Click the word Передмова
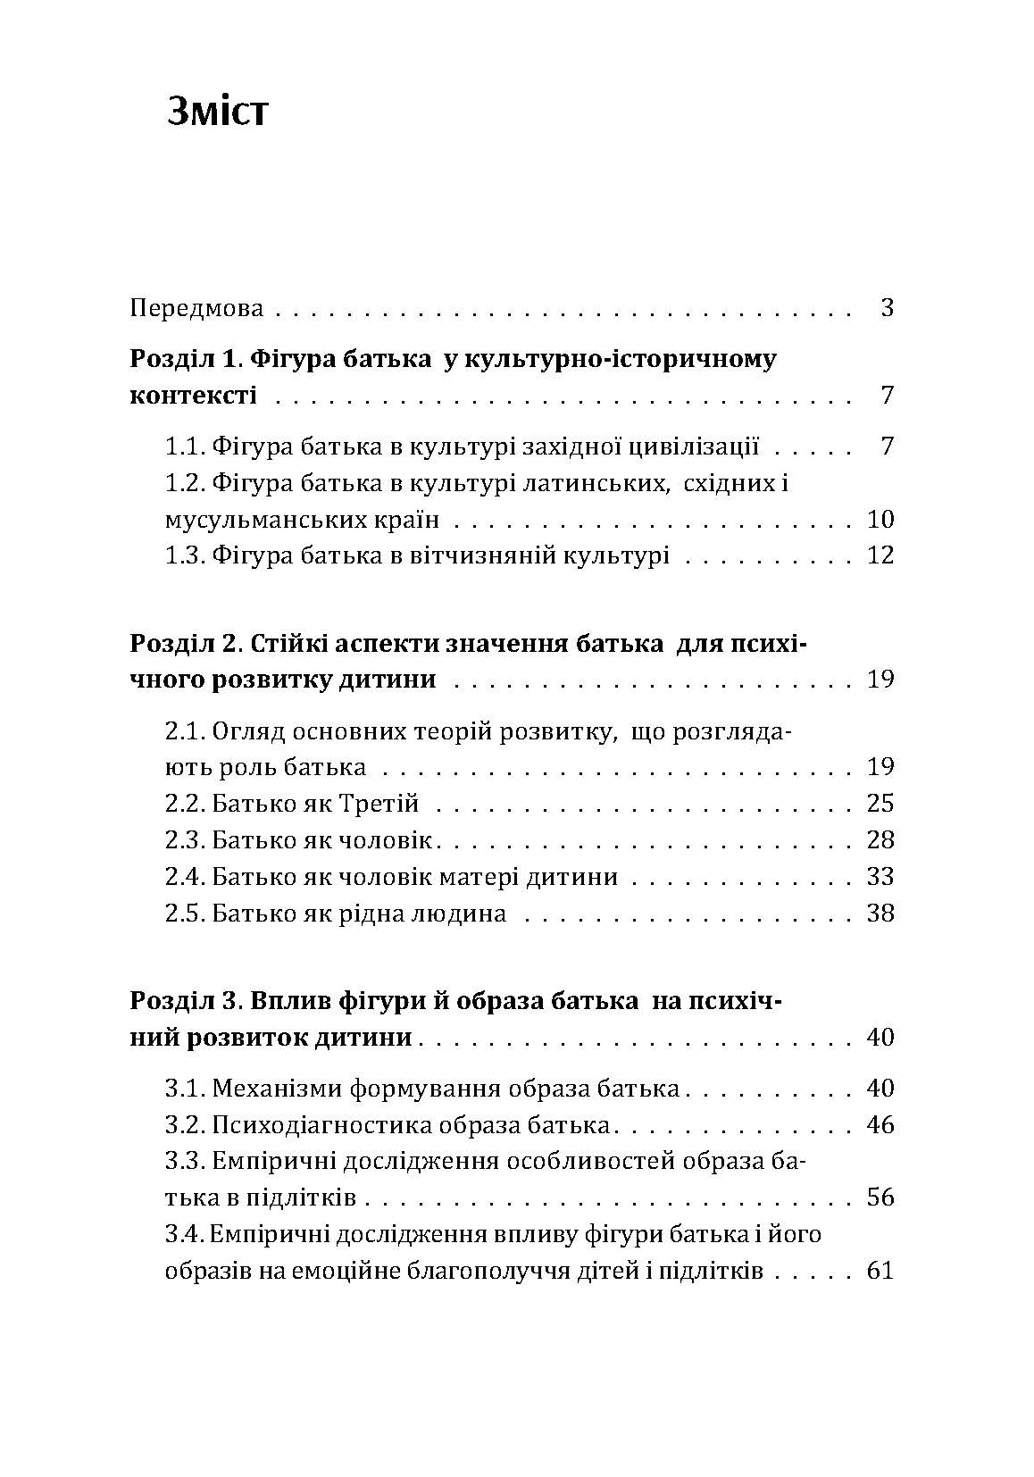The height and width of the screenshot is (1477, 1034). click(x=196, y=309)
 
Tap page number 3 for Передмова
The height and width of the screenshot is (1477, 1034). click(x=887, y=309)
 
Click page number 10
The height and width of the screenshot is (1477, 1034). click(x=880, y=520)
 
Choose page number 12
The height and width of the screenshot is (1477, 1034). click(x=880, y=556)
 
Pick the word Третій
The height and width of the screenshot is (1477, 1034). click(x=379, y=804)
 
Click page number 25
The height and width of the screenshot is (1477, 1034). click(x=880, y=804)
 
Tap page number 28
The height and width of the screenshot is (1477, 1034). click(x=880, y=840)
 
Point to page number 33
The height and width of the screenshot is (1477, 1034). click(x=880, y=877)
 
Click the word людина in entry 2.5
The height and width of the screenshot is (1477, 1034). click(x=456, y=914)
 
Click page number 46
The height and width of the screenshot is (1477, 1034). click(x=880, y=1125)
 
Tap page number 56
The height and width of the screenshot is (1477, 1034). click(x=880, y=1198)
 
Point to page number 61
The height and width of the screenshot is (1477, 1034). click(x=880, y=1271)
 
